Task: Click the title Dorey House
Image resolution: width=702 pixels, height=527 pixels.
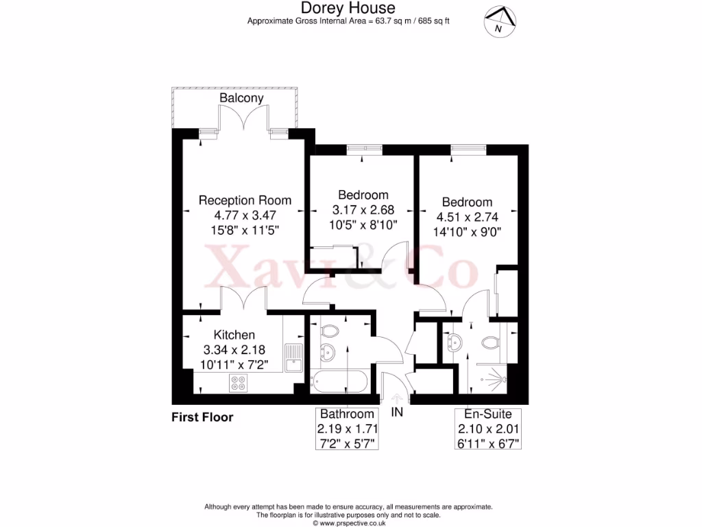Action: pos(348,8)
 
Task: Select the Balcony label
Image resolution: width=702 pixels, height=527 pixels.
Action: pos(241,98)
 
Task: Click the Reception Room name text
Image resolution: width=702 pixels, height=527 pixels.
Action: pos(245,200)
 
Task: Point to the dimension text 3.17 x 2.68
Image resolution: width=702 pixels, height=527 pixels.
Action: pos(363,210)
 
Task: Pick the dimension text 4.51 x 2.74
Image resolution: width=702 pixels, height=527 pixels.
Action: pos(467,217)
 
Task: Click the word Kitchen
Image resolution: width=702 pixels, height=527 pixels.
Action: pos(234,335)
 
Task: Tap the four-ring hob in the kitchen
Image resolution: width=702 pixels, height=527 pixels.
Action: pos(239,383)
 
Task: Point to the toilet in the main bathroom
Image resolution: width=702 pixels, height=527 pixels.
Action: pos(330,331)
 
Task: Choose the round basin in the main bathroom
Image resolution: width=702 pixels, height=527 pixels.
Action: pos(328,354)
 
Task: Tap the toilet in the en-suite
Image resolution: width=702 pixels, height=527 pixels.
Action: pos(489,342)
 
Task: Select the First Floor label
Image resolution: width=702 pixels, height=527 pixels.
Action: pos(202,417)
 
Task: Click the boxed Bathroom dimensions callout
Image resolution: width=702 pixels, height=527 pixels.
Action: pos(348,428)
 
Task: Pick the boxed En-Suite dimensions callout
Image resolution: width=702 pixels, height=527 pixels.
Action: pos(489,428)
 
